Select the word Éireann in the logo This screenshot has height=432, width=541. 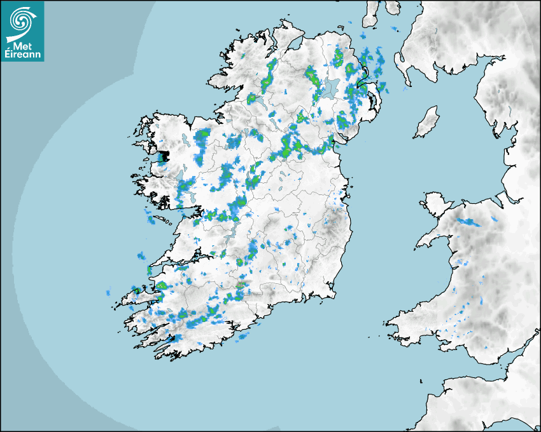click(x=23, y=55)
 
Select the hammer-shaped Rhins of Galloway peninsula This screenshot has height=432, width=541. click(x=402, y=64)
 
